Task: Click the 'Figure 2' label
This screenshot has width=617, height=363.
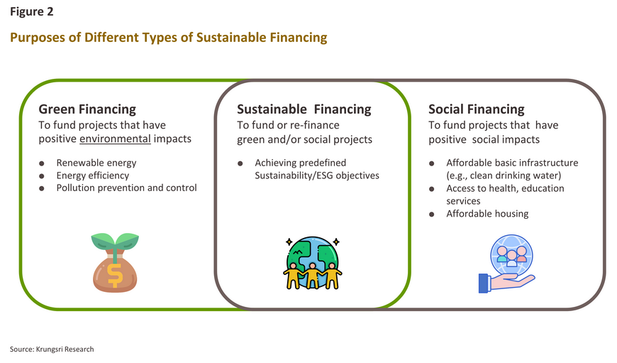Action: pyautogui.click(x=31, y=12)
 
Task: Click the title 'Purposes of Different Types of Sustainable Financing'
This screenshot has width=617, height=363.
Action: pyautogui.click(x=168, y=38)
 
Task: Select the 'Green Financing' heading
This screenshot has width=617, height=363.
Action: pyautogui.click(x=87, y=109)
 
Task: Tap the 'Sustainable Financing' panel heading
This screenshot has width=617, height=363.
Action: pyautogui.click(x=304, y=109)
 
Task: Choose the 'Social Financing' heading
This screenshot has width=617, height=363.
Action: pyautogui.click(x=477, y=109)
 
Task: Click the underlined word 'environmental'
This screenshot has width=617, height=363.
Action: pyautogui.click(x=116, y=139)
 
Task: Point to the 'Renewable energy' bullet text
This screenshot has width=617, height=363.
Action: pyautogui.click(x=96, y=163)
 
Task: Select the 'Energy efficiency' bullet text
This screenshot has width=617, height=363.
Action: pyautogui.click(x=92, y=175)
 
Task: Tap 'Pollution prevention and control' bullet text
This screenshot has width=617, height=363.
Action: pyautogui.click(x=126, y=188)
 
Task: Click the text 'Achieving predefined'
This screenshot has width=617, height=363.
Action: pyautogui.click(x=300, y=163)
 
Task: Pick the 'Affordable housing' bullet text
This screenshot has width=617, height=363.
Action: pyautogui.click(x=487, y=214)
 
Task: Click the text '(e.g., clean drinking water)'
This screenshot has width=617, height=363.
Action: pyautogui.click(x=504, y=175)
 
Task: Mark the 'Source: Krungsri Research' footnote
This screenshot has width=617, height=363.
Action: pyautogui.click(x=52, y=350)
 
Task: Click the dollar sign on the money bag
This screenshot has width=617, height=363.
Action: pyautogui.click(x=115, y=275)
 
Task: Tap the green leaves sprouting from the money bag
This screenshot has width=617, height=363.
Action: pyautogui.click(x=115, y=241)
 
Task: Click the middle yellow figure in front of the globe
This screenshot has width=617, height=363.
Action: pyautogui.click(x=313, y=276)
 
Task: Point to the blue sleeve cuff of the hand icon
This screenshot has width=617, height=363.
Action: pyautogui.click(x=483, y=283)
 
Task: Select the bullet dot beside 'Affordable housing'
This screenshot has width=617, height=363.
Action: pyautogui.click(x=432, y=215)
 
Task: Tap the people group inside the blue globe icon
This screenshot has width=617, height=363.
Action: pyautogui.click(x=511, y=256)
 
